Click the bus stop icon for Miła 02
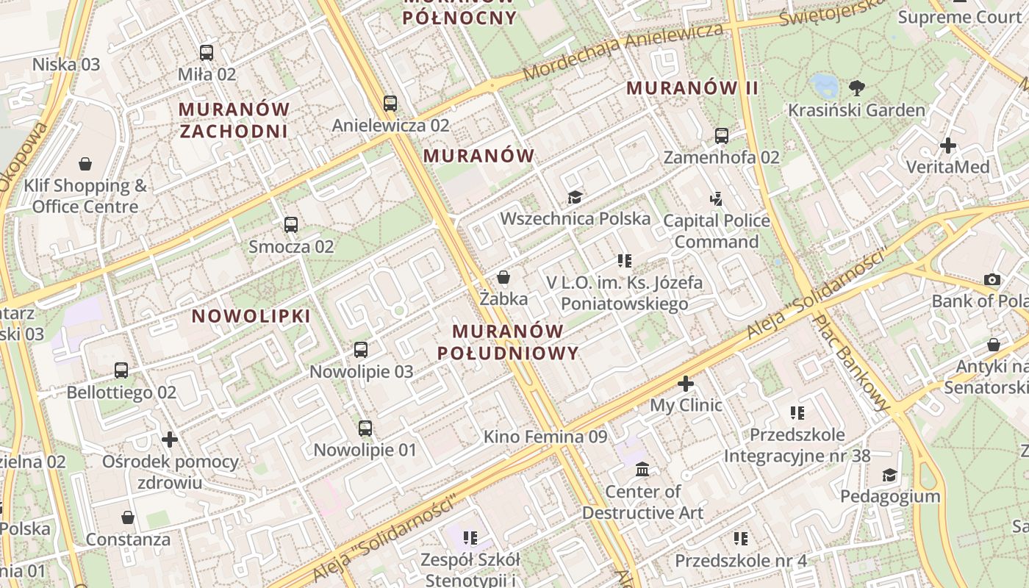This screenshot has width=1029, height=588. point(207,53)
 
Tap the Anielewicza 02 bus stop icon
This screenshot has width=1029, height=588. point(390,104)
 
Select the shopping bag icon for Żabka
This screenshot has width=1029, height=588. point(503,277)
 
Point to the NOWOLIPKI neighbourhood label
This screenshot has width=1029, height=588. point(251,316)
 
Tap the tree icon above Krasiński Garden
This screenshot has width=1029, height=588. point(856,89)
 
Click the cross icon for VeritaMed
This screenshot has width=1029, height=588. point(948,146)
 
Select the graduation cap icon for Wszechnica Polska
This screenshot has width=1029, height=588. point(575,197)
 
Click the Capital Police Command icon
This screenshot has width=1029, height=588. point(717,198)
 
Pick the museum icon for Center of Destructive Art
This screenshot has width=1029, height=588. point(642,469)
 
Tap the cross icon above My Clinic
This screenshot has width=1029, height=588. point(686,384)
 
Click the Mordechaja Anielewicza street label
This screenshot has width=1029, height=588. point(623,51)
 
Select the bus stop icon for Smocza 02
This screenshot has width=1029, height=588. point(291,225)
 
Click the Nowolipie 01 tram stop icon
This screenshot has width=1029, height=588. point(365,428)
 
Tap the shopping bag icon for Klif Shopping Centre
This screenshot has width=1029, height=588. point(85,163)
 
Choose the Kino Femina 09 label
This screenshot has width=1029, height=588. point(545,437)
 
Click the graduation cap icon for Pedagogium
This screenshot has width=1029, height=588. point(890,475)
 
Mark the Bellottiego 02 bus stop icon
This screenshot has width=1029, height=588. point(121,370)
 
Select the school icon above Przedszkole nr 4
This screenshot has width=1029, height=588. point(741,539)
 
